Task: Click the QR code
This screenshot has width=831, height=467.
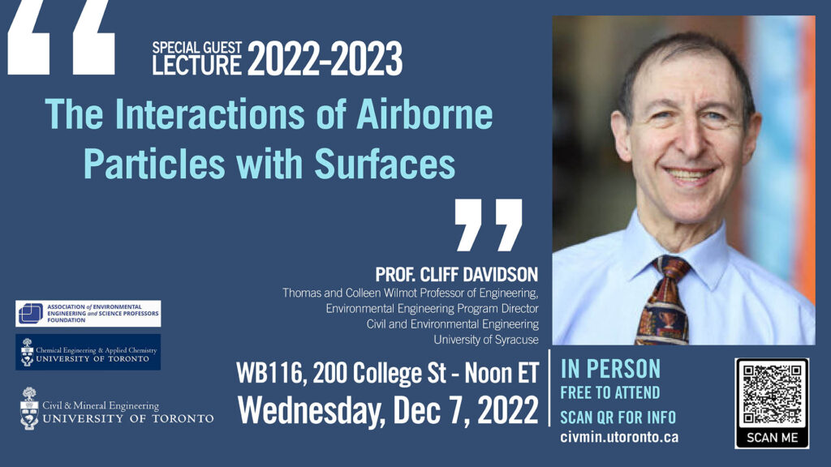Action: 772,394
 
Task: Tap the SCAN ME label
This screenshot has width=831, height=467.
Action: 772,438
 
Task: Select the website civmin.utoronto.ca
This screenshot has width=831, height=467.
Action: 619,437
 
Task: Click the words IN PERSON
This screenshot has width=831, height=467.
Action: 610,369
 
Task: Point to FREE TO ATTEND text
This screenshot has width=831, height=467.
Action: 610,393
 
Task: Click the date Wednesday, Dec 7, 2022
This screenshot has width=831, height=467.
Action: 388,410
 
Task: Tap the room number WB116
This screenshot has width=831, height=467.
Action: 269,373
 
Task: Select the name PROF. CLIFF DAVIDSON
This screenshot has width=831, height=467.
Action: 456,274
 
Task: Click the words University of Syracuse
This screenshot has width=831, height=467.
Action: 486,340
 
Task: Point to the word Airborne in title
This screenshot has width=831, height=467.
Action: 424,114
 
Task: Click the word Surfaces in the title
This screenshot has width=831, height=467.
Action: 385,163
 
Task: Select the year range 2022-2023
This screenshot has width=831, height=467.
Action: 325,58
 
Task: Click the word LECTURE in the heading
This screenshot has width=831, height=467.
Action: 196,65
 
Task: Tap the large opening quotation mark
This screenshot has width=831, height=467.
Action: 61,37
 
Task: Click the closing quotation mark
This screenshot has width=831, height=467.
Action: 489,225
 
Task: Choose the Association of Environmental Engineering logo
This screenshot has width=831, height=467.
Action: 88,314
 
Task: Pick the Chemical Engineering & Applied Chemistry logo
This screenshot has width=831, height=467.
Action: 88,352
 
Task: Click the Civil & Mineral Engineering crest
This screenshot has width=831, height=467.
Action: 29,408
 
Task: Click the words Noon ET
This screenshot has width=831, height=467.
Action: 502,373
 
